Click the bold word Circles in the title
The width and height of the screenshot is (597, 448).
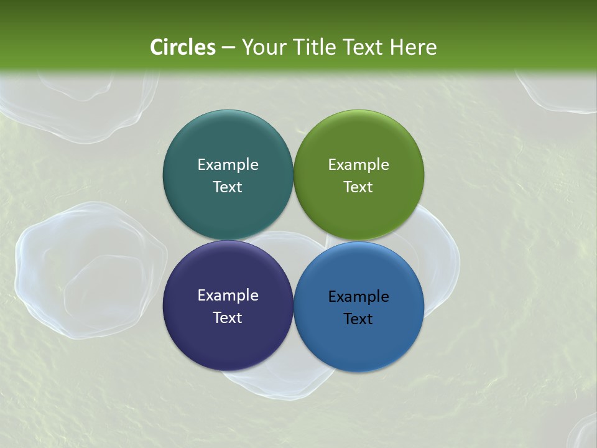point(183,47)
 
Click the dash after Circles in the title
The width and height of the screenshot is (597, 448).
point(228,47)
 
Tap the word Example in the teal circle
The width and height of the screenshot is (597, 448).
point(228,165)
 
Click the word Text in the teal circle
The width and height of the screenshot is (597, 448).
point(228,187)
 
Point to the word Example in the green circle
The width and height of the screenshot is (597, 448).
point(359,165)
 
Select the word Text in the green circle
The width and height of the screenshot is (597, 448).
point(359,187)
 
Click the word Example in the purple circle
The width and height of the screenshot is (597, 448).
point(228,296)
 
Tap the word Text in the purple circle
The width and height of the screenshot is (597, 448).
point(228,318)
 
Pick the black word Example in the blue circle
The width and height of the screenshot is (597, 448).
point(359,297)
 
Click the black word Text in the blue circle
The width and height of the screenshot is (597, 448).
point(359,319)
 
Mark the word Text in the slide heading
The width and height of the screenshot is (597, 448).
point(363,47)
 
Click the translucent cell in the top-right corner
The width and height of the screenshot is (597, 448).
point(560,91)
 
